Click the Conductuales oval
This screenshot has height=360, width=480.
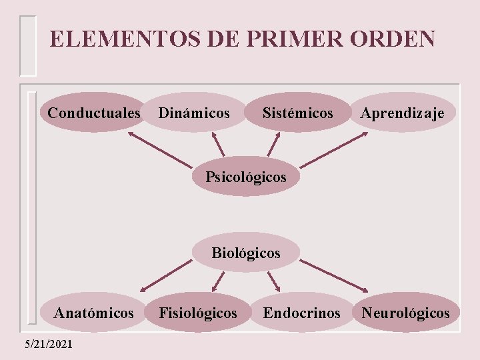pyautogui.click(x=94, y=113)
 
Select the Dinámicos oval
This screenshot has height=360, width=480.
pyautogui.click(x=194, y=113)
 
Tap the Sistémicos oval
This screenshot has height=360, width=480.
pyautogui.click(x=297, y=113)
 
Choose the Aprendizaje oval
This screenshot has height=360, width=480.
pyautogui.click(x=403, y=113)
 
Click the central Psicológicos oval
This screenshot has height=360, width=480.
pyautogui.click(x=246, y=177)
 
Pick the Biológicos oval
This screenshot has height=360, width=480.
pyautogui.click(x=246, y=253)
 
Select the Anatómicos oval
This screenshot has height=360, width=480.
pyautogui.click(x=94, y=312)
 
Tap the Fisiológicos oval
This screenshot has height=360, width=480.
pyautogui.click(x=197, y=312)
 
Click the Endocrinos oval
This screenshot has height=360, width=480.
pyautogui.click(x=301, y=312)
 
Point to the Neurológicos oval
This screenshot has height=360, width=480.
pyautogui.click(x=405, y=312)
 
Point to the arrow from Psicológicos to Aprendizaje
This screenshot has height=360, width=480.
pyautogui.click(x=333, y=149)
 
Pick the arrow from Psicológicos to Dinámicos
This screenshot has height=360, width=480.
pyautogui.click(x=218, y=145)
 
